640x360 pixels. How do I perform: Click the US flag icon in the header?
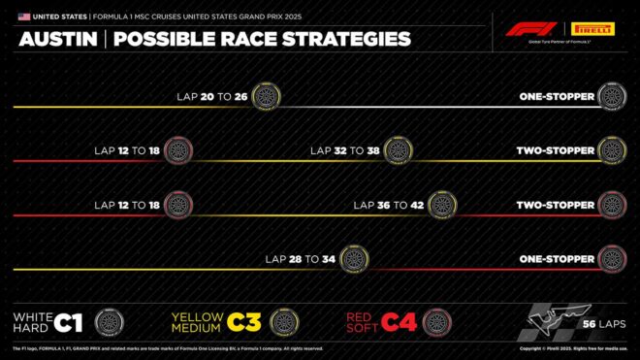[x=23, y=16]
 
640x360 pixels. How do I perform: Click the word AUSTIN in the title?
[x=57, y=40]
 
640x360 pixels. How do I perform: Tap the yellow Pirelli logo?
[x=593, y=29]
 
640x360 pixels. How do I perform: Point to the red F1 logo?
[x=529, y=29]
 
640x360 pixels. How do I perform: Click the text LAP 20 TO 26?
[x=212, y=96]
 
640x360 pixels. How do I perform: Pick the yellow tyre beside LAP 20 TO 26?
[x=266, y=96]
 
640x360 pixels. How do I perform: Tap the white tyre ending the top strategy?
[x=612, y=96]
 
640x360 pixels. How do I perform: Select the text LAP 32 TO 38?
[x=344, y=150]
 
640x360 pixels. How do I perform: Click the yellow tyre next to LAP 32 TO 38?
[x=397, y=150]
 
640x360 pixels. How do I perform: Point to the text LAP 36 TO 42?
[x=389, y=205]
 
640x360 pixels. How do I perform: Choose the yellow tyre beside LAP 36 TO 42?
[x=442, y=205]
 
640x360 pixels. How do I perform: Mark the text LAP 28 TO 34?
[x=301, y=259]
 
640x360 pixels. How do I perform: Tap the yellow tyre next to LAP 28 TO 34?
[x=354, y=259]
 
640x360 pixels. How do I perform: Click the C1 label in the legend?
[x=69, y=322]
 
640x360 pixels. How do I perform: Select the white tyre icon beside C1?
[x=110, y=322]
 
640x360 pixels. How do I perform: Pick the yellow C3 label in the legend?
[x=244, y=322]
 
